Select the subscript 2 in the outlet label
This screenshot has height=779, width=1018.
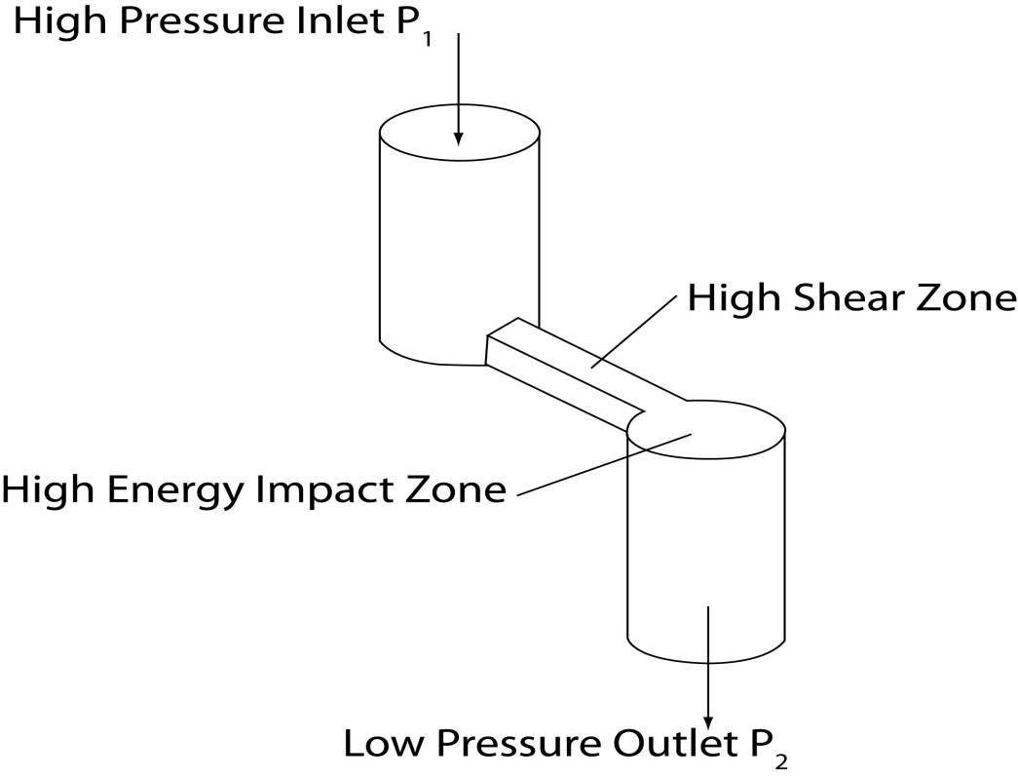click(781, 760)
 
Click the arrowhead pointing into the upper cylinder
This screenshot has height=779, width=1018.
click(459, 137)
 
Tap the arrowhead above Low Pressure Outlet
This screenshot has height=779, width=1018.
click(708, 722)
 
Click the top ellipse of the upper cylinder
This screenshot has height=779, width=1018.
click(460, 134)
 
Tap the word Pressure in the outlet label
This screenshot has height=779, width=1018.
click(516, 743)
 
